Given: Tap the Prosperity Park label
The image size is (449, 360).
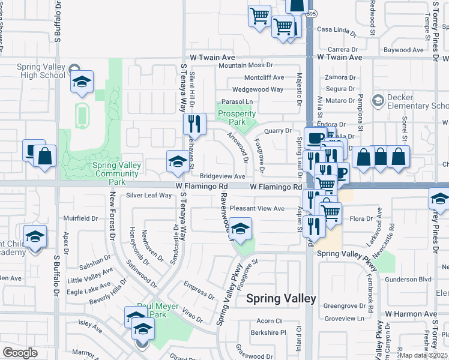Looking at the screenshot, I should point(232,118).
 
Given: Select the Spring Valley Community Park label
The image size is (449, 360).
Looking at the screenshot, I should point(117,173).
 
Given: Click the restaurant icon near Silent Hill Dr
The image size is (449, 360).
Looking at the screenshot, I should point(194,124).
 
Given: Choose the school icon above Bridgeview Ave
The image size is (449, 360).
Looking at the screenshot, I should point(177,161).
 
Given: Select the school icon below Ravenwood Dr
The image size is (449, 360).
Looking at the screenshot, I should point(241,229).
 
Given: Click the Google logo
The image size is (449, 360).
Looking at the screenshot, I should point(20,353).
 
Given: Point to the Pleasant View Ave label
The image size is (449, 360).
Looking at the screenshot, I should point(257,208).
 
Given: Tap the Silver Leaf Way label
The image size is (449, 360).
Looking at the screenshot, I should point(149,196).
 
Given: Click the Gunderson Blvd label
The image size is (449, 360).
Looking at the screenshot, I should point(408,279).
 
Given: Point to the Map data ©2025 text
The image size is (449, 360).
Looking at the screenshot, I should point(423,355).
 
